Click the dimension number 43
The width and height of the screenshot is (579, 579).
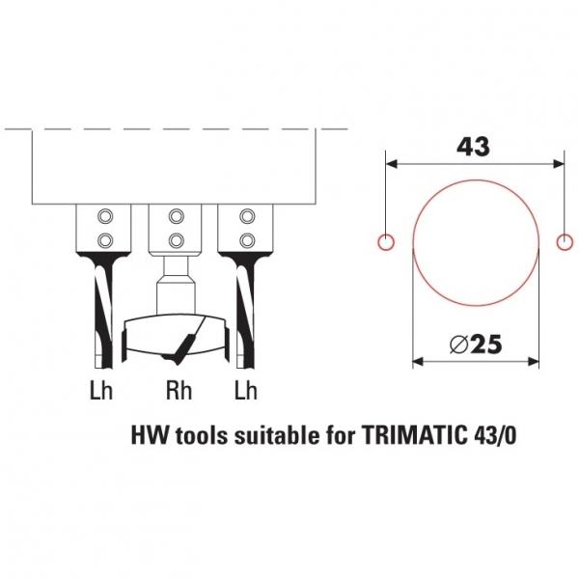pyautogui.click(x=473, y=147)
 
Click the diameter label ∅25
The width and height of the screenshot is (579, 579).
pyautogui.click(x=476, y=345)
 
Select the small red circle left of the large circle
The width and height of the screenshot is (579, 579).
pyautogui.click(x=386, y=242)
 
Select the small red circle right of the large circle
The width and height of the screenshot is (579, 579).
pyautogui.click(x=565, y=242)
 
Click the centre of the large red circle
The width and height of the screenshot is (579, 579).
pyautogui.click(x=476, y=242)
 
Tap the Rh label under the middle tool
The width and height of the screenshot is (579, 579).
pyautogui.click(x=179, y=390)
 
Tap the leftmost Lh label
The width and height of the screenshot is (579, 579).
pyautogui.click(x=100, y=390)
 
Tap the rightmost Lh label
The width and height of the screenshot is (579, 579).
pyautogui.click(x=245, y=390)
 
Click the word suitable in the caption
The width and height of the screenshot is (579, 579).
pyautogui.click(x=277, y=435)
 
